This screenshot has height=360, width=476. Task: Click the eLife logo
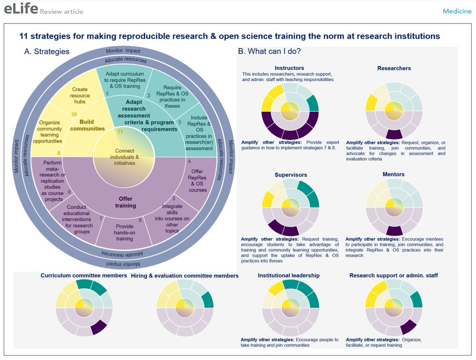21,9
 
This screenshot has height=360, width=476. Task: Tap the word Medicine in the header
457,11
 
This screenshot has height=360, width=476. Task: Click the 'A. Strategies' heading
47,52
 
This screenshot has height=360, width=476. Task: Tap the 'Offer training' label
125,202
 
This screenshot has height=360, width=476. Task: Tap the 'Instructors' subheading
289,68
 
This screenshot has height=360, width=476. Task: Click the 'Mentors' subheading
393,174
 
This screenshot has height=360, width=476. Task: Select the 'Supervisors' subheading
291,174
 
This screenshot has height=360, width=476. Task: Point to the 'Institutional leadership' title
288,275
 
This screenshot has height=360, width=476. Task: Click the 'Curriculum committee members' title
84,275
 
